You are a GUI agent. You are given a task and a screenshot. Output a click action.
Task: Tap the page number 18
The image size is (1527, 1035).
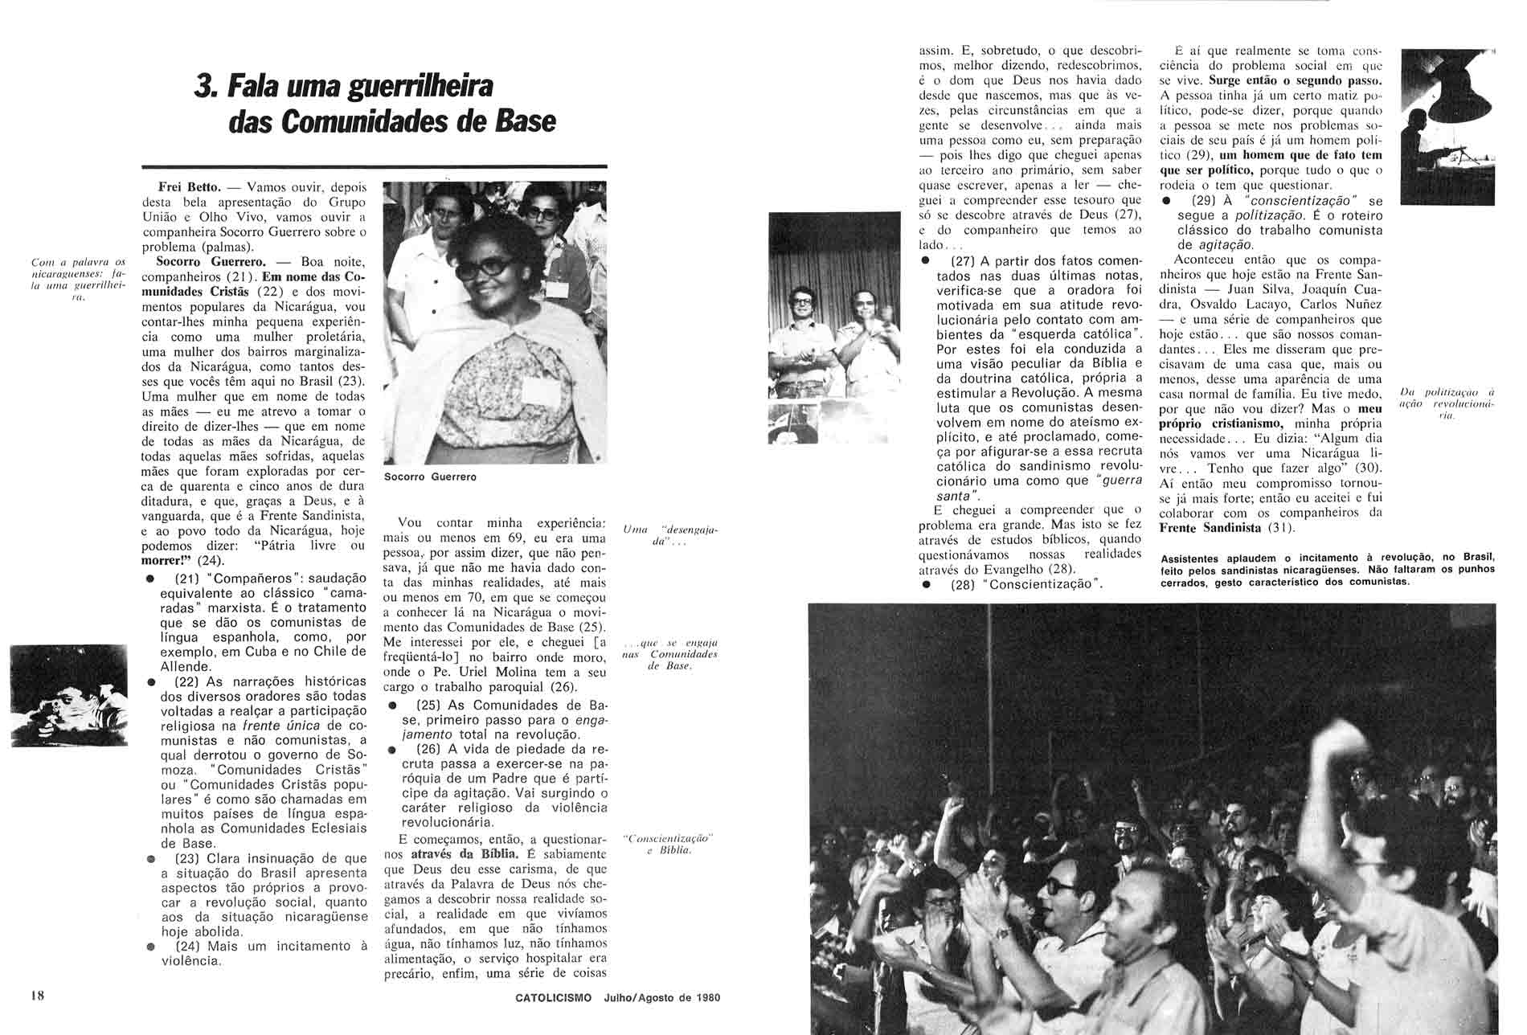pyautogui.click(x=38, y=996)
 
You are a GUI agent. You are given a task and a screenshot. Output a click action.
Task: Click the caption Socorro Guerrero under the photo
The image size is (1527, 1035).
pyautogui.click(x=430, y=477)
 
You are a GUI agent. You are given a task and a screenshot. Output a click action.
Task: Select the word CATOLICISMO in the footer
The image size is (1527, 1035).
pyautogui.click(x=554, y=998)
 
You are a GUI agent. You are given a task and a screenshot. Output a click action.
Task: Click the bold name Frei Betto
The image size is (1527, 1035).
pyautogui.click(x=183, y=186)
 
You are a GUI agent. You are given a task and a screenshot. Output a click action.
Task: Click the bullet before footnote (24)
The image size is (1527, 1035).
pyautogui.click(x=151, y=947)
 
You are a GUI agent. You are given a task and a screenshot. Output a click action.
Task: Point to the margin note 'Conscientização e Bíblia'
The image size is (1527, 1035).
pyautogui.click(x=669, y=845)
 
